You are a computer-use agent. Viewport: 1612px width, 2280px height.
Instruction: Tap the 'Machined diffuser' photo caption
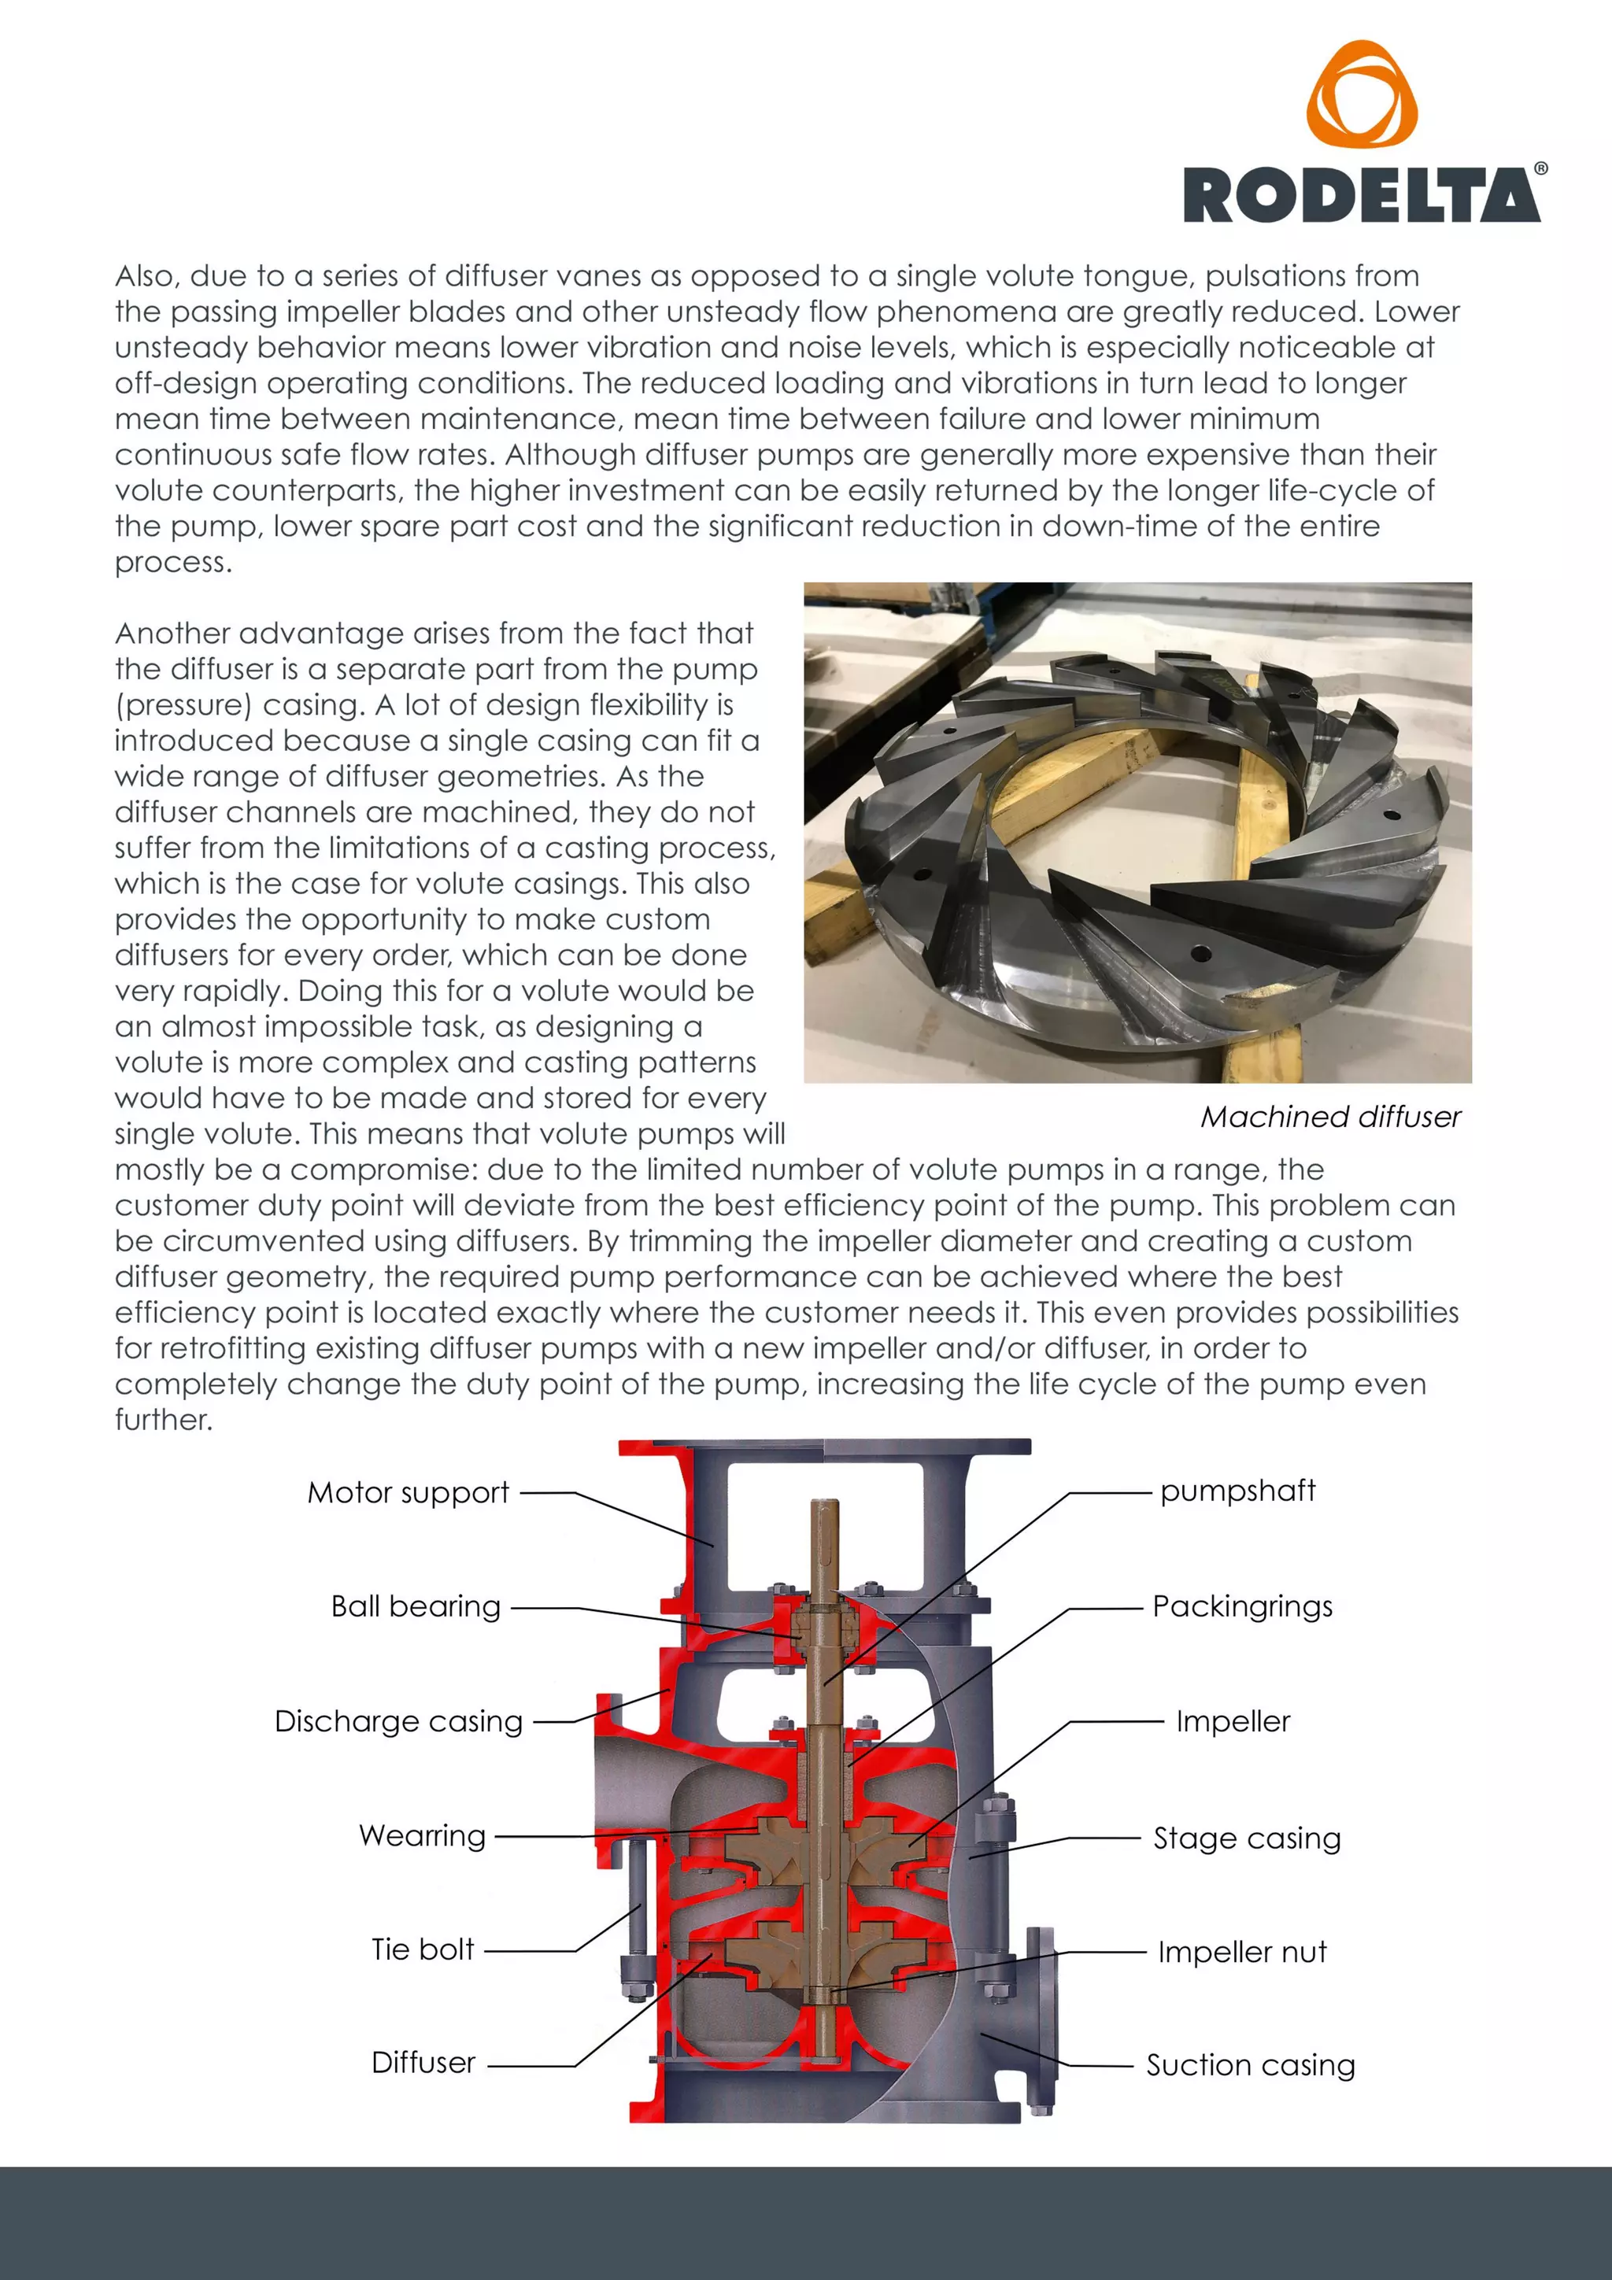pyautogui.click(x=1330, y=1117)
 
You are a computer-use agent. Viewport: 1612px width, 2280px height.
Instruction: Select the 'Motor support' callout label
pyautogui.click(x=409, y=1492)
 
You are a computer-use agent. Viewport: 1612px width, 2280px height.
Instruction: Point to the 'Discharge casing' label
pyautogui.click(x=398, y=1721)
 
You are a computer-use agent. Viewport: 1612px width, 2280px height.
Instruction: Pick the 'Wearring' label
pyautogui.click(x=422, y=1835)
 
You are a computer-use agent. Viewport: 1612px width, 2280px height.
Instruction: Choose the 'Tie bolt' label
pyautogui.click(x=422, y=1949)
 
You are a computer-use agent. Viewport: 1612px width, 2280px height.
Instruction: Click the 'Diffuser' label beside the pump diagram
pyautogui.click(x=423, y=2063)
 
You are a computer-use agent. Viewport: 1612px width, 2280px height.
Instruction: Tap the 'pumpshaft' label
pyautogui.click(x=1237, y=1491)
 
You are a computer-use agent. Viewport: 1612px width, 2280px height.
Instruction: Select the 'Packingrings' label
pyautogui.click(x=1241, y=1607)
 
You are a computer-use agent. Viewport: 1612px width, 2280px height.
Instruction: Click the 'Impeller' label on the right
pyautogui.click(x=1233, y=1721)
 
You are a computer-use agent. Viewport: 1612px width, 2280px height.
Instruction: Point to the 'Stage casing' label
pyautogui.click(x=1247, y=1838)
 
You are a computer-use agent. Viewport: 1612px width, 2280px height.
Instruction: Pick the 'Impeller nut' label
pyautogui.click(x=1241, y=1953)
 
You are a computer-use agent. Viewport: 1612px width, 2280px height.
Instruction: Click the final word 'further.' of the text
pyautogui.click(x=164, y=1420)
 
